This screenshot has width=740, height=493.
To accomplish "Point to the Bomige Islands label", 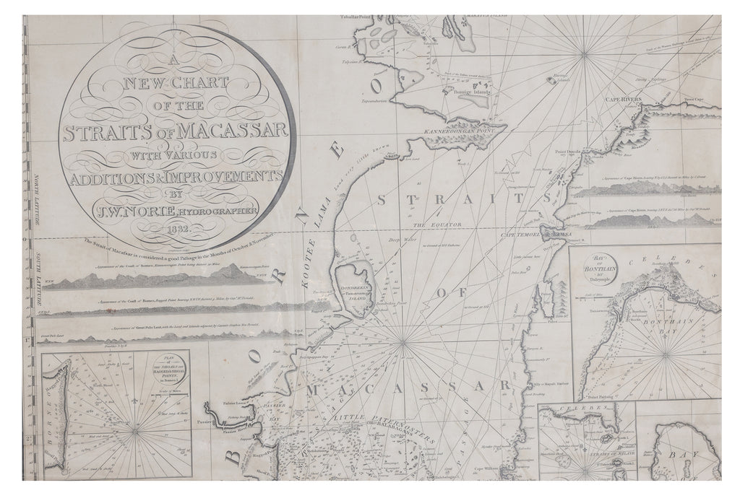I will pos(471,92).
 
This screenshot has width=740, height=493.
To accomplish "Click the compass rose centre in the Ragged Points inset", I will pos(135,431).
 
